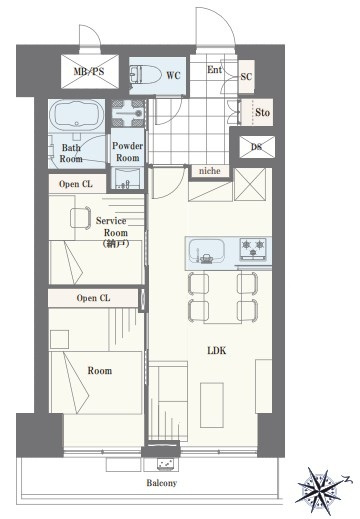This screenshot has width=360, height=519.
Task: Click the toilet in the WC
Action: (145, 74)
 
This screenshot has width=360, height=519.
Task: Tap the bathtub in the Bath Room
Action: (77, 115)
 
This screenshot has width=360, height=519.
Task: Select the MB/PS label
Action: (89, 71)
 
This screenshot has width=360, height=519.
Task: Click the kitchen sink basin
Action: (207, 251)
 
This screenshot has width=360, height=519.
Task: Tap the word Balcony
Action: (162, 483)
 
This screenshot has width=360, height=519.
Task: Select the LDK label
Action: (217, 351)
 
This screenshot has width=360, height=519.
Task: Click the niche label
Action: (210, 171)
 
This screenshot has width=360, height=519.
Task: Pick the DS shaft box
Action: (257, 147)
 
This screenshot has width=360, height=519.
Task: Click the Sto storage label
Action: (262, 112)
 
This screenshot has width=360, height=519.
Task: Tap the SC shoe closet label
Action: (246, 77)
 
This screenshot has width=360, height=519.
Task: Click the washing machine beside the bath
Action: (128, 113)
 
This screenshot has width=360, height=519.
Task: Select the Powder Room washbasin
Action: (128, 178)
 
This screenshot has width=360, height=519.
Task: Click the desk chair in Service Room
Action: (81, 218)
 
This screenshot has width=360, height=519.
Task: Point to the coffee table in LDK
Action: (212, 405)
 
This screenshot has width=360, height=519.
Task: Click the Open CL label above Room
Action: (93, 298)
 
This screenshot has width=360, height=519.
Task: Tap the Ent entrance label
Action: (214, 70)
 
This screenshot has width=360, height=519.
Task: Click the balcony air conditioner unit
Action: (166, 463)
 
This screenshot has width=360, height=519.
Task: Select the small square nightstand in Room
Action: (59, 340)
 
